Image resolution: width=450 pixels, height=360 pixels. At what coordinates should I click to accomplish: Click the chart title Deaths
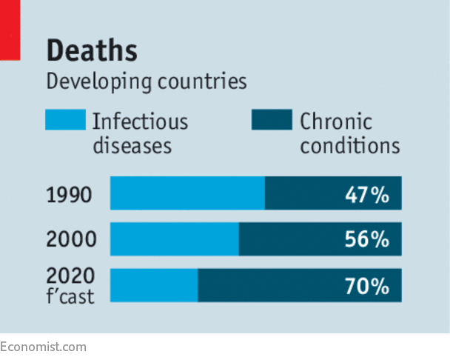point(92,50)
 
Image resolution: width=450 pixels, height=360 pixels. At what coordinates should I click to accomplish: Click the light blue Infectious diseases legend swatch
point(65,120)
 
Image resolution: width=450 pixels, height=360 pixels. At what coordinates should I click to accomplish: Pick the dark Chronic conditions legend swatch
point(272,120)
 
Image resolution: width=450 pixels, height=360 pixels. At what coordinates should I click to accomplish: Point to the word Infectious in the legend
point(140,121)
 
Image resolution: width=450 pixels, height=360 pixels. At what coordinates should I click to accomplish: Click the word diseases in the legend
point(132,144)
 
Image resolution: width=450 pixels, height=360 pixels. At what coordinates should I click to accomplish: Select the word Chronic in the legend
point(335,121)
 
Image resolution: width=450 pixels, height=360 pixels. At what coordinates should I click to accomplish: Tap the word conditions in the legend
point(349,144)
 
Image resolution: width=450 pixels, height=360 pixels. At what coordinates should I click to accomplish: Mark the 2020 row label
point(70,276)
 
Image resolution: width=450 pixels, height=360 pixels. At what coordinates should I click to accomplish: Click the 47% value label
point(366,195)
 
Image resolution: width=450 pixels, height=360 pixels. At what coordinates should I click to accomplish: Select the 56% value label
point(366,239)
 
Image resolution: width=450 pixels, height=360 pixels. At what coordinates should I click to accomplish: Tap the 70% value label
point(366,285)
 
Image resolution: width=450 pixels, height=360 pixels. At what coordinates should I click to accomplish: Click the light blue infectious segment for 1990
point(187,193)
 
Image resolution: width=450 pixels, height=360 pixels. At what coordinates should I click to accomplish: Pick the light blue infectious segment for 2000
point(175,239)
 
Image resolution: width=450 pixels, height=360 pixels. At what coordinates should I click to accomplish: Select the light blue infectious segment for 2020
point(154,284)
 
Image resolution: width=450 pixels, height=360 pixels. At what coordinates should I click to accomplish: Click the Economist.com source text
point(43,347)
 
